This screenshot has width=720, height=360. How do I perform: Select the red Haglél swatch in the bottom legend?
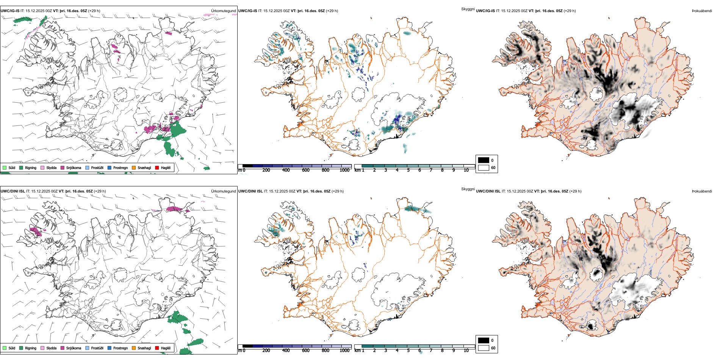tap(157, 348)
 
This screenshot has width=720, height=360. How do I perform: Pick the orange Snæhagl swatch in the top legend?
tap(134, 168)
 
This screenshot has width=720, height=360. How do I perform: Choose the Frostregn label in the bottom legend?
tap(121, 348)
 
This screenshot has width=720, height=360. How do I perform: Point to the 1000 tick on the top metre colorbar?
tap(344, 170)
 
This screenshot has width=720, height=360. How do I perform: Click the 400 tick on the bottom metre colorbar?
tap(286, 351)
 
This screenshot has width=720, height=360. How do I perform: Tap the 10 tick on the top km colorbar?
tap(466, 170)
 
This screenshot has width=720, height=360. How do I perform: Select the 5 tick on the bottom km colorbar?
tap(409, 351)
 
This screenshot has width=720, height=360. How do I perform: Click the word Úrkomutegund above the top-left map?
tap(224, 11)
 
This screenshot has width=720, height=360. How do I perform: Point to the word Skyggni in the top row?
tap(468, 9)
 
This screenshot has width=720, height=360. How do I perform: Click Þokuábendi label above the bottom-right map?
tap(702, 191)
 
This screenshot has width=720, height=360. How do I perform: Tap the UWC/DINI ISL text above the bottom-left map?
tap(13, 191)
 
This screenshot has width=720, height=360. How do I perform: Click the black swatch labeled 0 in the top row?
tap(484, 160)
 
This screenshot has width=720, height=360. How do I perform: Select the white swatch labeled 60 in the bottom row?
tap(484, 348)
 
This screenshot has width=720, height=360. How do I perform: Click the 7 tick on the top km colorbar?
tap(431, 170)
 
